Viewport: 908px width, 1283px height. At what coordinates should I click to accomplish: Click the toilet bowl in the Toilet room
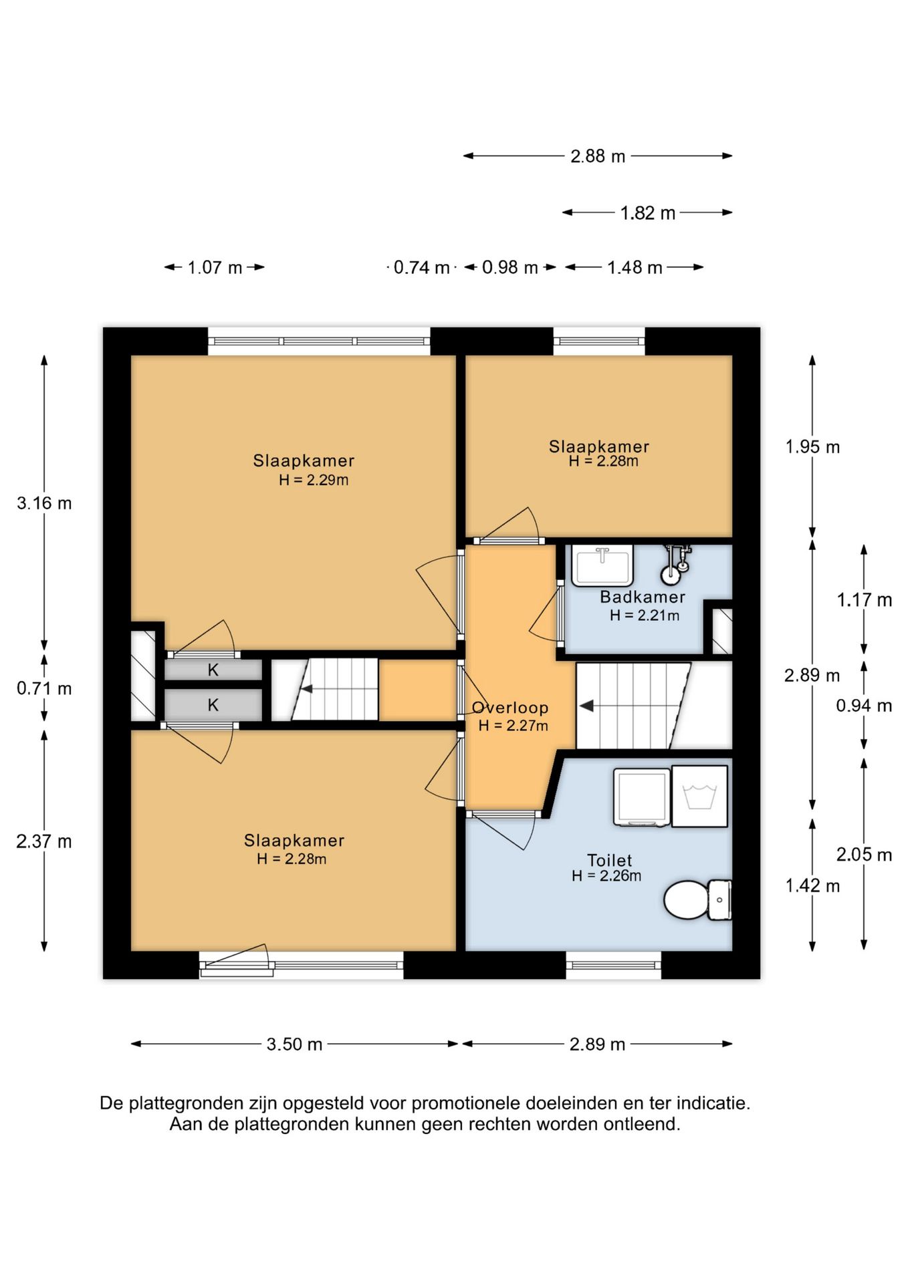(697, 899)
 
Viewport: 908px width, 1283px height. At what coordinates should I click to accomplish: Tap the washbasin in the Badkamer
(602, 565)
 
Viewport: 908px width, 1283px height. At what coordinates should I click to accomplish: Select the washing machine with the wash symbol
(699, 796)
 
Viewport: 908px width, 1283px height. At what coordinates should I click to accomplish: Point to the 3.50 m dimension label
(294, 1044)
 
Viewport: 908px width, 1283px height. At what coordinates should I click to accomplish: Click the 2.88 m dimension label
(598, 156)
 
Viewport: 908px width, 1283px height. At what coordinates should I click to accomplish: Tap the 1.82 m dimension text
(647, 212)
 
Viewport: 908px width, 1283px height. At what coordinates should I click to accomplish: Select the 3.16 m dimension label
(44, 503)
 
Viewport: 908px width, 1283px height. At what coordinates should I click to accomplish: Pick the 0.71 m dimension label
(44, 688)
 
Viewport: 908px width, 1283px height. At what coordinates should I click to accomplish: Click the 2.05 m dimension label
(864, 854)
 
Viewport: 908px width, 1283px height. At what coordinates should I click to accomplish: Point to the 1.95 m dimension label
(812, 446)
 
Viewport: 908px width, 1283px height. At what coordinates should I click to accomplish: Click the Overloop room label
(510, 708)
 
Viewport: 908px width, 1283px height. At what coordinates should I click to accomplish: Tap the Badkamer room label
(643, 597)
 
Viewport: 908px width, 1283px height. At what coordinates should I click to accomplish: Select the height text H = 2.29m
(314, 480)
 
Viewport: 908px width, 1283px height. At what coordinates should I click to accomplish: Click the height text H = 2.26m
(606, 875)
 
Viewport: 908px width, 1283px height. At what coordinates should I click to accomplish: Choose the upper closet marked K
(213, 670)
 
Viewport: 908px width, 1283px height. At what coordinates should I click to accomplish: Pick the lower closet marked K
(213, 704)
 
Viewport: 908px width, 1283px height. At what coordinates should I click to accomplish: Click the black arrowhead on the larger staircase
(586, 706)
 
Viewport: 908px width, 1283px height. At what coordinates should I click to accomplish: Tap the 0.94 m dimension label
(864, 705)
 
